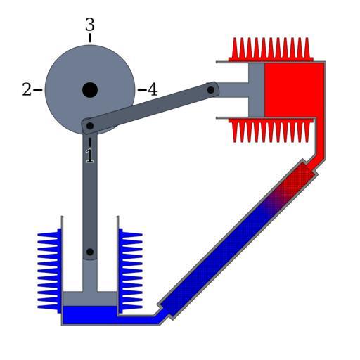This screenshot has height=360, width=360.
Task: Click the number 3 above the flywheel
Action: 90,25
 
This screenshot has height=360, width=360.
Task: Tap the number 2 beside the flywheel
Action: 27,89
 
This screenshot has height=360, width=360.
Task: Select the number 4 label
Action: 153,89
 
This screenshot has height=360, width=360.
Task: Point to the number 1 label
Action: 89,156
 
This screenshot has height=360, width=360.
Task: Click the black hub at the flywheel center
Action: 90,90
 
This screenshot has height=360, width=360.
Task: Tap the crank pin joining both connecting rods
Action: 90,126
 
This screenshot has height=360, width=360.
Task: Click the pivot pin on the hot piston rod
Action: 211,90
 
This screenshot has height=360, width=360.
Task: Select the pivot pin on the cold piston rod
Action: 90,252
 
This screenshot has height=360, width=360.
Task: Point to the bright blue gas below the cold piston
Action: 90,315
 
